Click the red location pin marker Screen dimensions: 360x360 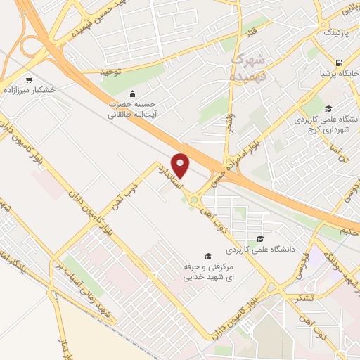pos(181,166)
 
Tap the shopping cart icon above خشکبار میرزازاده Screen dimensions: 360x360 pos(29,79)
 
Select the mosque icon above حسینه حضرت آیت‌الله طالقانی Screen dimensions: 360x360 pos(131,94)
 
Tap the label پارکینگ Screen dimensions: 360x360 pos(335,32)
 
